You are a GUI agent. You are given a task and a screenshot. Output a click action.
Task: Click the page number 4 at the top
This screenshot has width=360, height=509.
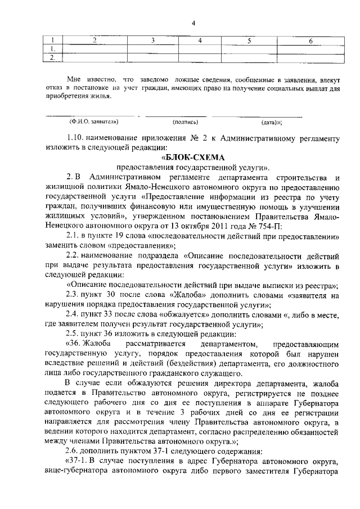tap(193, 22)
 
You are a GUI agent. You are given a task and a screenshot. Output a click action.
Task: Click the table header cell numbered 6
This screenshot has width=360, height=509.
tap(310, 41)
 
